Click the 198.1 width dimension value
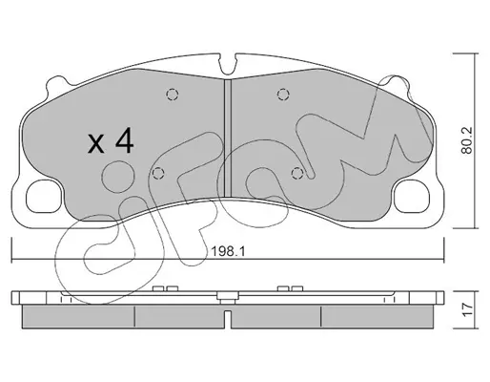228,252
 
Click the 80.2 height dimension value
467,140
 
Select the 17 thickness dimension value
467,309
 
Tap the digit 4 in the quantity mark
124,140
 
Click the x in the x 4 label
96,143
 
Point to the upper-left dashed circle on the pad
173,95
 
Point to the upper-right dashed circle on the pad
283,95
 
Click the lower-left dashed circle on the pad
158,173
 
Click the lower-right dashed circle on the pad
297,173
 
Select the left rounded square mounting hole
43,197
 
